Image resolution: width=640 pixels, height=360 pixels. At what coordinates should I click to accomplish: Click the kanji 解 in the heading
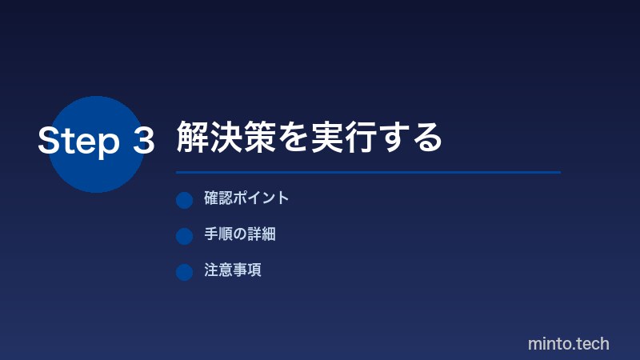pyautogui.click(x=193, y=138)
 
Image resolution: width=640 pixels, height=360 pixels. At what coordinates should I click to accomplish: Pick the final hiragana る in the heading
pyautogui.click(x=427, y=138)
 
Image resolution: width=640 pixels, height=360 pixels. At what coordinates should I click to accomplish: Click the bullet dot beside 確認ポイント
pyautogui.click(x=185, y=200)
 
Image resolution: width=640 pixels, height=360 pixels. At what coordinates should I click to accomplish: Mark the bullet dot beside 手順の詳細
pyautogui.click(x=185, y=236)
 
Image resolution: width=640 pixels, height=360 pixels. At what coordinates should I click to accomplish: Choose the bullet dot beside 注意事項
pyautogui.click(x=185, y=272)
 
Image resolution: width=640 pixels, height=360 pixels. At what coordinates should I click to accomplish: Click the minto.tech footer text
pyautogui.click(x=569, y=344)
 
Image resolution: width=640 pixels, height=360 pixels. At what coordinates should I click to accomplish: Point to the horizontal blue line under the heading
pyautogui.click(x=368, y=172)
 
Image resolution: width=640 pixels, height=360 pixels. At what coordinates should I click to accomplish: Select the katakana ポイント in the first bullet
pyautogui.click(x=261, y=198)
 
